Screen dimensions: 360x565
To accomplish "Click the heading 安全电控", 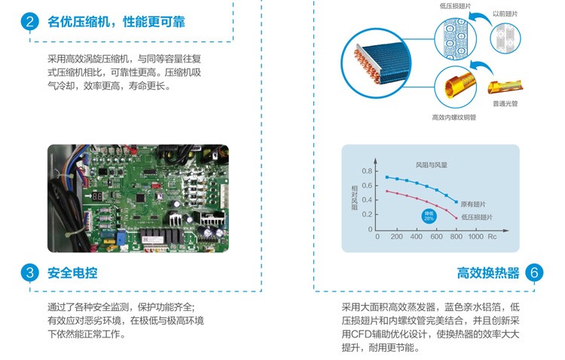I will [x=72, y=273].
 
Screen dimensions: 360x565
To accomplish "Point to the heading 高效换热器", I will [x=488, y=273].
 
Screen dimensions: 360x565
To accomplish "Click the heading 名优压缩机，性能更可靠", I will [x=116, y=21].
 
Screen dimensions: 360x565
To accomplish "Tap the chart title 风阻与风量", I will [x=432, y=163].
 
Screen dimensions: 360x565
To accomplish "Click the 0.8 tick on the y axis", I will [x=368, y=172].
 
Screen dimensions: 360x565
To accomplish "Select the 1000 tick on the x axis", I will [x=475, y=236].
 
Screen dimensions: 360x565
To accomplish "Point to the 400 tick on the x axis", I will [x=417, y=236].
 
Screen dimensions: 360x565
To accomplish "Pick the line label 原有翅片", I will [x=475, y=203].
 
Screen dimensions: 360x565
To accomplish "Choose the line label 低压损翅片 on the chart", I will [x=477, y=217].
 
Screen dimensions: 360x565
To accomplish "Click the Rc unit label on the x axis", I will [x=493, y=236].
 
